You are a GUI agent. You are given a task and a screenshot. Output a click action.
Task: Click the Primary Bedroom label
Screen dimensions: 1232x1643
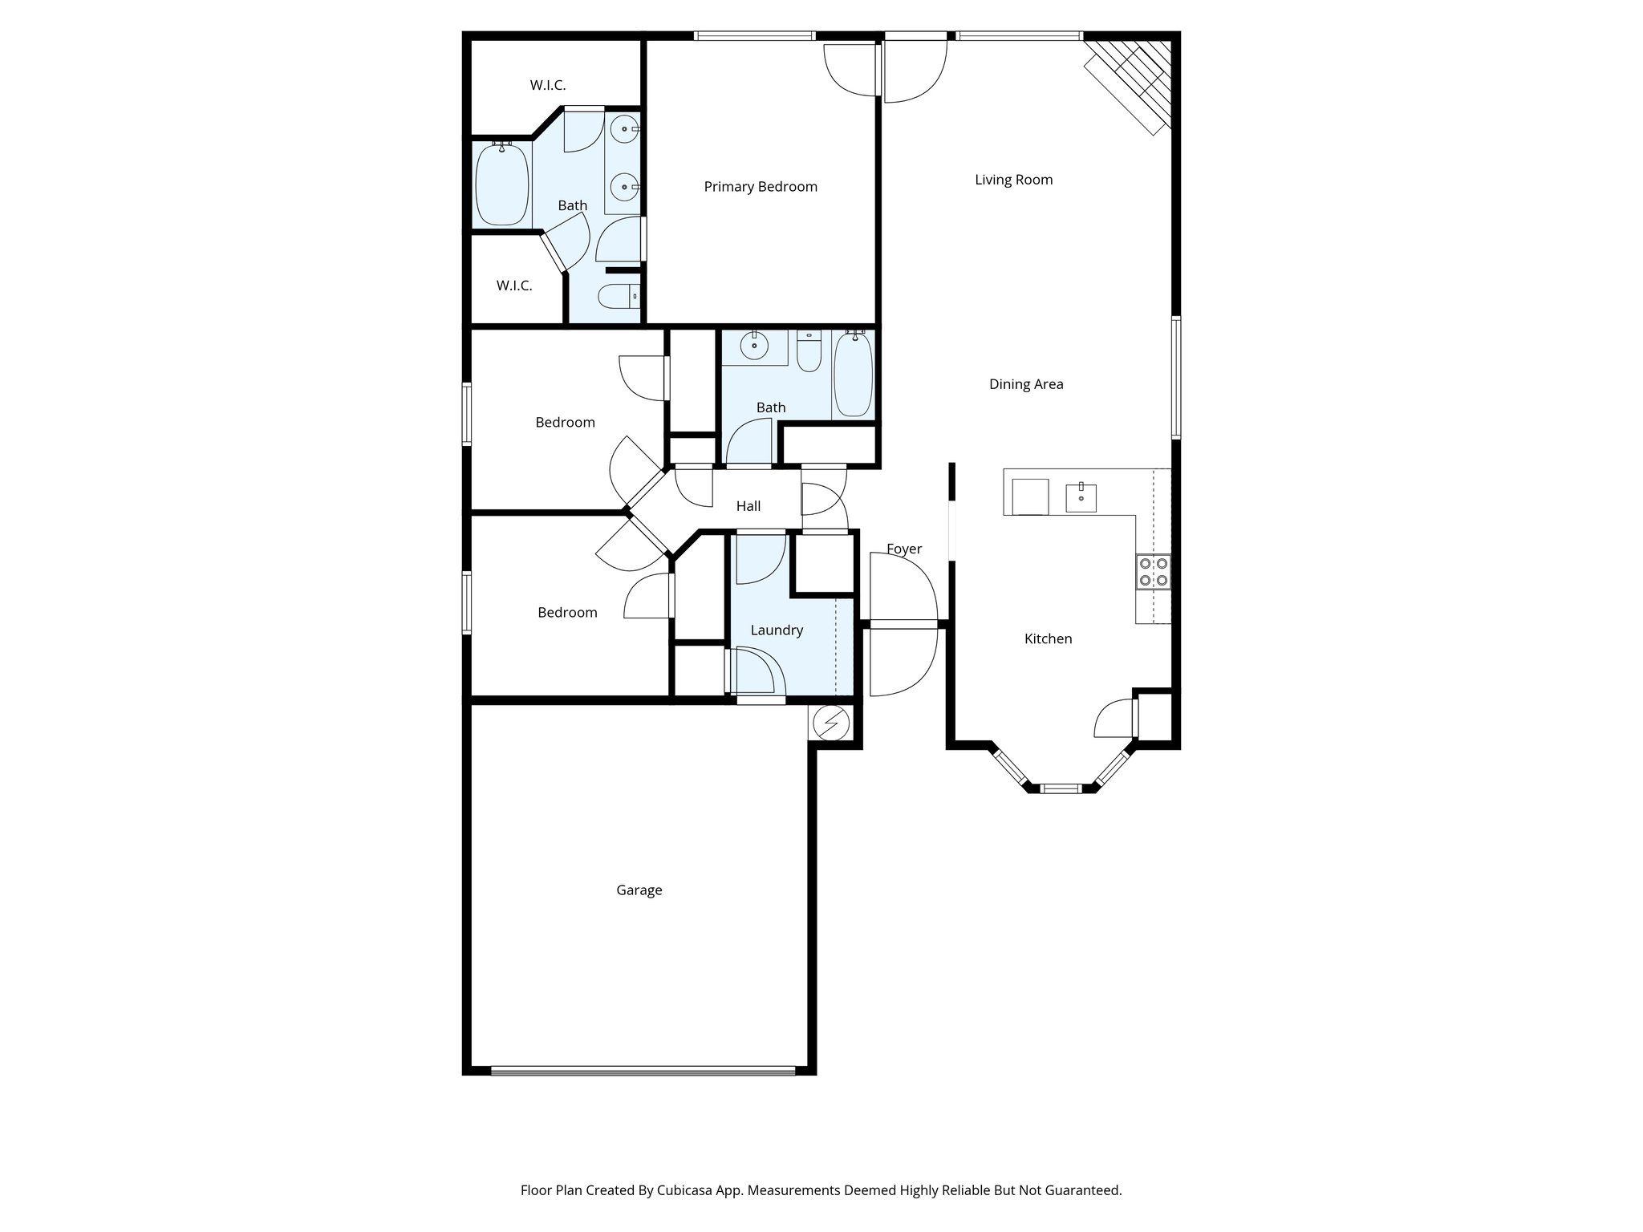click(760, 187)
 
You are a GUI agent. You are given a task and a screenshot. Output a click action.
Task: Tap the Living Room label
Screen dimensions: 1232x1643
click(1013, 180)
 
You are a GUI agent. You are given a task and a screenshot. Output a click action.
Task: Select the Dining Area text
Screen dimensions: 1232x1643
click(1025, 384)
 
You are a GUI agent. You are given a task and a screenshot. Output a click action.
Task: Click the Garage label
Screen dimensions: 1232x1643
click(639, 890)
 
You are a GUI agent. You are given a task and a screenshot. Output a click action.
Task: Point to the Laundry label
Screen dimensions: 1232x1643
click(776, 630)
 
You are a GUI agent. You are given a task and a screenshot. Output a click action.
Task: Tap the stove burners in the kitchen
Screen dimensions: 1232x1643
click(1153, 572)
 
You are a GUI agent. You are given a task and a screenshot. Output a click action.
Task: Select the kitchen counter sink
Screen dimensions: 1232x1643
click(1081, 497)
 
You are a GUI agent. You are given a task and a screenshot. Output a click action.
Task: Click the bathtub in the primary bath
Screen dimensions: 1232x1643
click(501, 184)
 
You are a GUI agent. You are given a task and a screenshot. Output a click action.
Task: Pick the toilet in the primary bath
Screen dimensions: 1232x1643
click(619, 297)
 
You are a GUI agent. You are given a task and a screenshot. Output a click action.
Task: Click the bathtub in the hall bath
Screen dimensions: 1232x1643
click(853, 375)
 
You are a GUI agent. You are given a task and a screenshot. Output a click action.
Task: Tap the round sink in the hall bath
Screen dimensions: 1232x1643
click(753, 346)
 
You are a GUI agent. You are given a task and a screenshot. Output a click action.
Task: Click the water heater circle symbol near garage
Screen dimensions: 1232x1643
click(830, 723)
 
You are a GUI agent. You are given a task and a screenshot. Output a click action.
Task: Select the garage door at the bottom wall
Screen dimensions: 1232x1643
click(643, 1070)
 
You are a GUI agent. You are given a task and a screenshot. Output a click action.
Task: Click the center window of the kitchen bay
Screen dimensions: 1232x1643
click(1061, 788)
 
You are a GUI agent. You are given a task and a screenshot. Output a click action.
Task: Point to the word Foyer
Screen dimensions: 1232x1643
click(903, 549)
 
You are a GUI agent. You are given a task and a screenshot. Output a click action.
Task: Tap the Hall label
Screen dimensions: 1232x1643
click(748, 506)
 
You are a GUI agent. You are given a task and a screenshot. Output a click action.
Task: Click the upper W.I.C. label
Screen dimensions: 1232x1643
click(547, 85)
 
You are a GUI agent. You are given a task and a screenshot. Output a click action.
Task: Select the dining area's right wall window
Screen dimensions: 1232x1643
click(1175, 377)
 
